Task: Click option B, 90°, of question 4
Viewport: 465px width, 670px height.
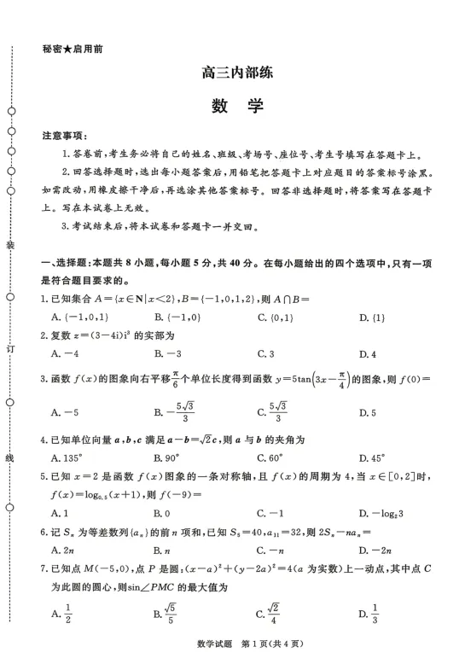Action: pos(167,458)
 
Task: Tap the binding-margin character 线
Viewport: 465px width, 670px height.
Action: pos(10,458)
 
